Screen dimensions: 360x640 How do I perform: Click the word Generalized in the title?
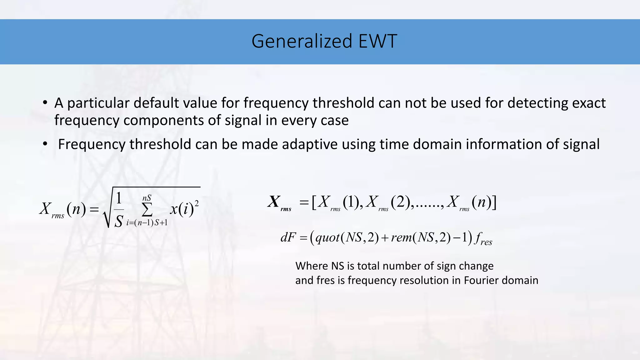click(x=302, y=41)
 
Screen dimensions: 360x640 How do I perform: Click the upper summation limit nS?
click(x=147, y=198)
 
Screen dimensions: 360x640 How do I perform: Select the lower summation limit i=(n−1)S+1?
click(x=147, y=223)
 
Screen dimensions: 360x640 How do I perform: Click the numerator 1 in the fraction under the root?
click(x=119, y=198)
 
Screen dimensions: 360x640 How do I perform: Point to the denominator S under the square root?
click(x=119, y=221)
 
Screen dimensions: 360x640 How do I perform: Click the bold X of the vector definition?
click(x=274, y=202)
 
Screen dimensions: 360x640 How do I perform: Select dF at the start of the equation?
click(x=288, y=237)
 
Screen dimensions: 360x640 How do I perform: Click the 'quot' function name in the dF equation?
click(x=327, y=238)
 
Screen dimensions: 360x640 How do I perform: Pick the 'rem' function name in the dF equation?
click(x=401, y=238)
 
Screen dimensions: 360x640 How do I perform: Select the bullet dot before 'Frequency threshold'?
click(x=45, y=144)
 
